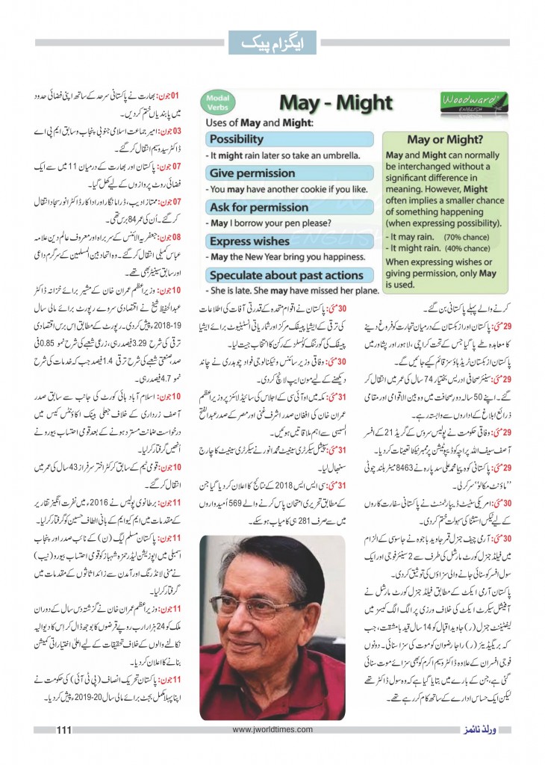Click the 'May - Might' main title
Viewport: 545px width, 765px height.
click(x=325, y=103)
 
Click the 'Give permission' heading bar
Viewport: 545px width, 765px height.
click(x=252, y=173)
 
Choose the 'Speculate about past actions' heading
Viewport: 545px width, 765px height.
click(x=287, y=275)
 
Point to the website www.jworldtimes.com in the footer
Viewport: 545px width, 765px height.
click(x=272, y=730)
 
